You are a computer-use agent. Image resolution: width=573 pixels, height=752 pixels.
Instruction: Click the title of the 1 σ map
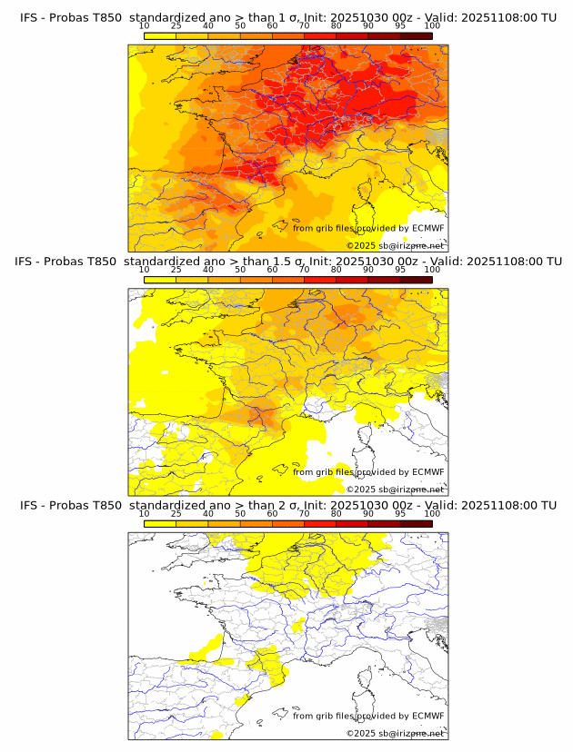tap(287, 17)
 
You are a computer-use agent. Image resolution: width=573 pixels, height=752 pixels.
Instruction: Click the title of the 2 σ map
tap(287, 504)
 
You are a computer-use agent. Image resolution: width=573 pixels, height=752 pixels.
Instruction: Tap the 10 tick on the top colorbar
tap(145, 26)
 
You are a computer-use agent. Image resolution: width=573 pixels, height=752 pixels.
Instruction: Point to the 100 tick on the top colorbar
tap(432, 26)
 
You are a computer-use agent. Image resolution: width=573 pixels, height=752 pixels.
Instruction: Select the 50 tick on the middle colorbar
tap(240, 270)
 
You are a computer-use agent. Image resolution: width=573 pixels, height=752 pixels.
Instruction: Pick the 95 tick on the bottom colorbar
tap(400, 513)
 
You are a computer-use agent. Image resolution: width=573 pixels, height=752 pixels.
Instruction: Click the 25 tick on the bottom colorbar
tap(176, 513)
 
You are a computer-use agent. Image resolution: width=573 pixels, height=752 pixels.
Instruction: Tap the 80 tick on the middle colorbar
tap(337, 270)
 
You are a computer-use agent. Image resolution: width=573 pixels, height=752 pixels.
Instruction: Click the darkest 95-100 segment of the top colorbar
tap(416, 35)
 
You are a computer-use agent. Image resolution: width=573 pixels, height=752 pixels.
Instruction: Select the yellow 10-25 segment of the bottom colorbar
tap(160, 523)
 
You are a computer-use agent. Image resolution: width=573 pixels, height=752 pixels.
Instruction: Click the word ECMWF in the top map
tap(428, 228)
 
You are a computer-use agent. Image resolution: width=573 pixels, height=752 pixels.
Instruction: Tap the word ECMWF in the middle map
tap(428, 471)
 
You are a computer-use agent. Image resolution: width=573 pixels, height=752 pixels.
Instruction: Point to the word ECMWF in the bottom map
tap(428, 716)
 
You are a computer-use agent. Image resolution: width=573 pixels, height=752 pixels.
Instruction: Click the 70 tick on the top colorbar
tap(304, 26)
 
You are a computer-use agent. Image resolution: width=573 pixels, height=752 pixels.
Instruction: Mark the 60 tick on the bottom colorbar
tap(272, 513)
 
